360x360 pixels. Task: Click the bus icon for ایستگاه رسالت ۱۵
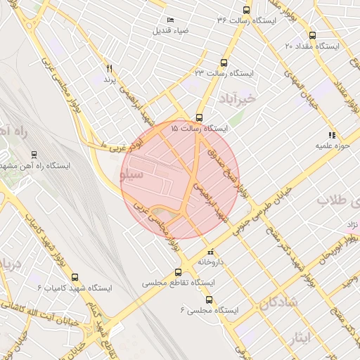[200, 117]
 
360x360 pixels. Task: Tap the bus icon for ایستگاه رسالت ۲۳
[224, 62]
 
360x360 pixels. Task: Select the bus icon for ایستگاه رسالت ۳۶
[246, 10]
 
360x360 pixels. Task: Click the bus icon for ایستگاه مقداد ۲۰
[312, 35]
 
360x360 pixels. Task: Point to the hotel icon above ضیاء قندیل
[170, 20]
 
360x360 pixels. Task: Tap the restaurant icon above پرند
[109, 68]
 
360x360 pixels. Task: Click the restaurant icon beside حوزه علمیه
[331, 135]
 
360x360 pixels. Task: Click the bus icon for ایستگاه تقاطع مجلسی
[178, 271]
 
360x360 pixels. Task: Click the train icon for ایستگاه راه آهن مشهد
[34, 155]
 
